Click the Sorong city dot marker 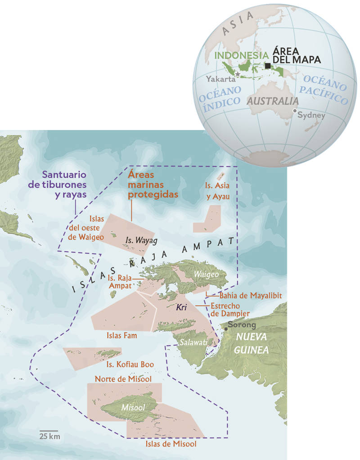tap(225, 329)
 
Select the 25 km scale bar tap(49, 431)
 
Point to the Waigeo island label tap(206, 274)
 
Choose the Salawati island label tap(193, 343)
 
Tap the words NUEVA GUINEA tap(252, 343)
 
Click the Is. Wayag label tap(141, 240)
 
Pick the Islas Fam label tap(122, 335)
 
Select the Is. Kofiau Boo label tap(130, 364)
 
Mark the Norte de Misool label tap(122, 379)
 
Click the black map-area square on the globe tap(268, 66)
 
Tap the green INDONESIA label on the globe tap(238, 55)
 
